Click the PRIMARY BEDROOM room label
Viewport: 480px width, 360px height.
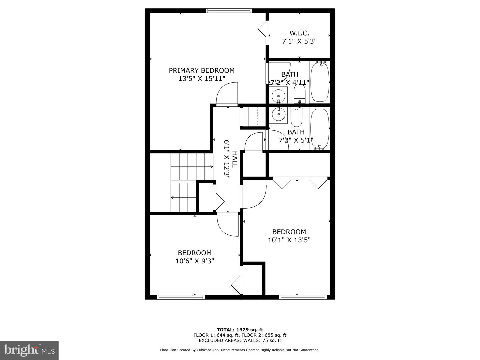[201, 70]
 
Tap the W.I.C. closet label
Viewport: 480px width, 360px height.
[299, 33]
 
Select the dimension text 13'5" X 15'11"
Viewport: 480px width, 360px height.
[202, 79]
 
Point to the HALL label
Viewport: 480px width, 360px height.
[234, 159]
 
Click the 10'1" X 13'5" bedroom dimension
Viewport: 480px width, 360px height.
[289, 240]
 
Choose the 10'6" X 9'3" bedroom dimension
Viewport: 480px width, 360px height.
[195, 261]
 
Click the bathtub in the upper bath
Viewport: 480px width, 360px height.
[320, 82]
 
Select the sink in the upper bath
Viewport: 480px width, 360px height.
[278, 96]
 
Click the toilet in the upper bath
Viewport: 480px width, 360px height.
[299, 94]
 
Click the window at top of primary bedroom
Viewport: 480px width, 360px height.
[229, 11]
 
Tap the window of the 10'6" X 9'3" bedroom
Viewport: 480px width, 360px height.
[180, 297]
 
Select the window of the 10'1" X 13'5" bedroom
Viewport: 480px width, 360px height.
[303, 297]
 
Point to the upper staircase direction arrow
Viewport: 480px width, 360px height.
[211, 166]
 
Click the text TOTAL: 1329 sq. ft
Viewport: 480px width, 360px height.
[240, 330]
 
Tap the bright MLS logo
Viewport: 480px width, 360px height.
[29, 350]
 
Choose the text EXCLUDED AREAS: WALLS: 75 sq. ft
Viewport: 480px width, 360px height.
[240, 340]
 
